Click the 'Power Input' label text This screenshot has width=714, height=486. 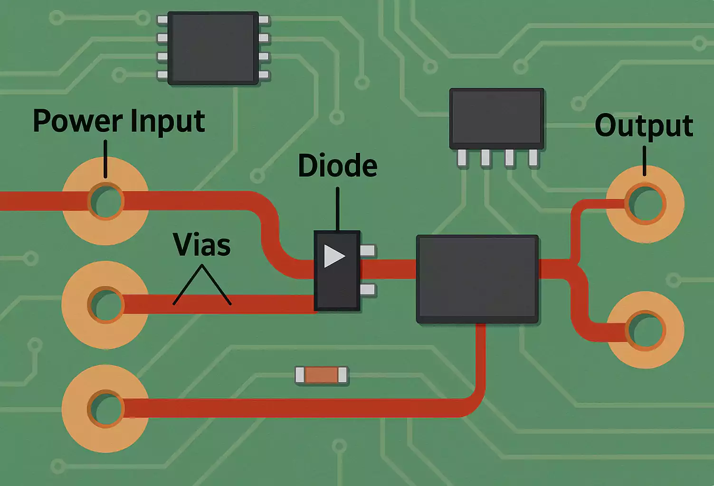point(119,121)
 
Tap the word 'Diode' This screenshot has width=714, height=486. point(337,166)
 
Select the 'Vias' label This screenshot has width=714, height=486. point(202,245)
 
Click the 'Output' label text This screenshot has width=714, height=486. point(644,126)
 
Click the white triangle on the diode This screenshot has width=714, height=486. point(333,256)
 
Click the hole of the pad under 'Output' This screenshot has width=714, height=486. point(645,204)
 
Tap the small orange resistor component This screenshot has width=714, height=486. point(321,375)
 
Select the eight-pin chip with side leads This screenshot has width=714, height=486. point(213,48)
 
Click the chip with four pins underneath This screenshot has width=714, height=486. point(496,118)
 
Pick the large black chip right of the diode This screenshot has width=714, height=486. point(477,279)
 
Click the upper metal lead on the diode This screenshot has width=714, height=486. point(368,251)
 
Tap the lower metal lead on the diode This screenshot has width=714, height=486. point(368,290)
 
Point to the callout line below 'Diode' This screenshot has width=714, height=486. point(337,209)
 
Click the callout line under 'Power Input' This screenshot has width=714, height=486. point(105,159)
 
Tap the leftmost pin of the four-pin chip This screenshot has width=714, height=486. point(462,157)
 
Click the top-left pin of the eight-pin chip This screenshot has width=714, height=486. point(162,20)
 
